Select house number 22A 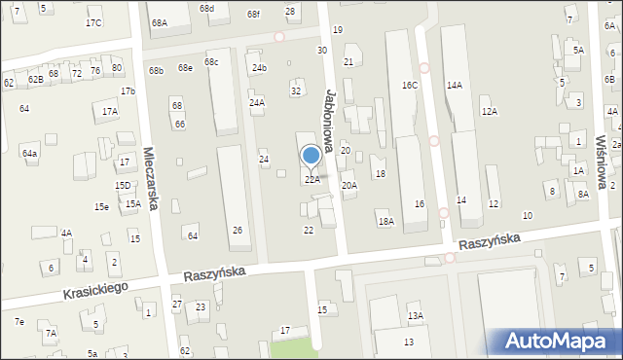(x=311, y=180)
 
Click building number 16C (x=409, y=86)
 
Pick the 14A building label (x=454, y=86)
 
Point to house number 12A (x=489, y=112)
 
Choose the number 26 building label (x=237, y=230)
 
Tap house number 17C (x=93, y=22)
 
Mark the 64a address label (x=30, y=154)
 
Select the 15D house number (x=123, y=186)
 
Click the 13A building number (x=415, y=316)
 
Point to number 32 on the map (x=296, y=90)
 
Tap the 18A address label (x=385, y=222)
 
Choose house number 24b (x=259, y=68)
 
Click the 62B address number (x=35, y=79)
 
